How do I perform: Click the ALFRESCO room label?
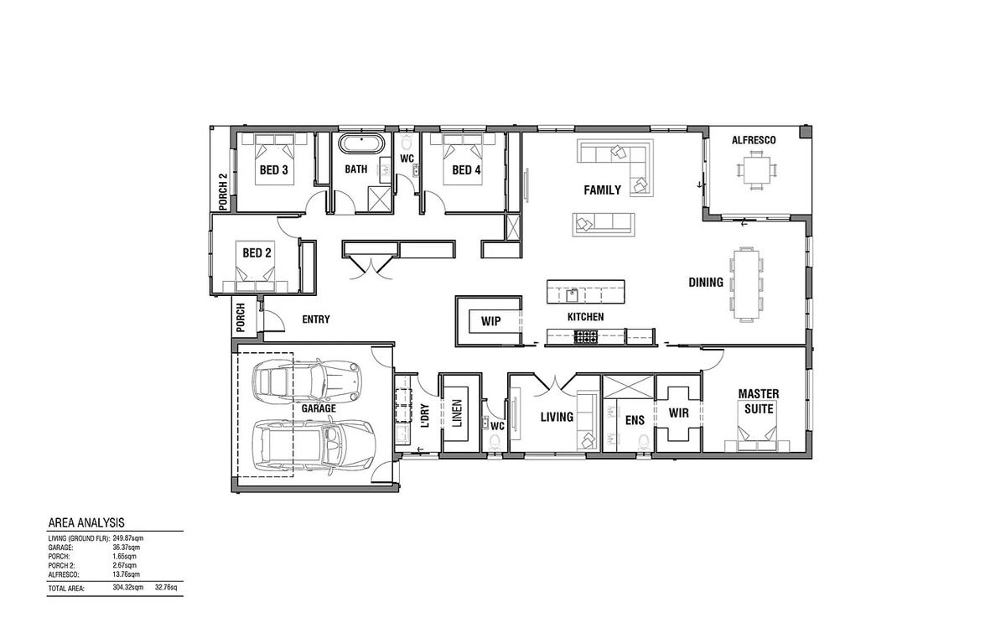754,140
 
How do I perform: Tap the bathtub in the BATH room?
361,143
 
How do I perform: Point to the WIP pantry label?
491,321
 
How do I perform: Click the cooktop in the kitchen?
586,336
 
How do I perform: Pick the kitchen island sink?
572,296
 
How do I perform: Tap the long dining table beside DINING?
746,284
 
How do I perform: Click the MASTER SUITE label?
759,402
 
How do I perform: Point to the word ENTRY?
316,319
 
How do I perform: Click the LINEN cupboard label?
457,413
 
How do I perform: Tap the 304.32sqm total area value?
128,587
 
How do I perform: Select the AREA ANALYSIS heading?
86,522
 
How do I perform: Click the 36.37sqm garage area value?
127,548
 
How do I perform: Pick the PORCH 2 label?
223,192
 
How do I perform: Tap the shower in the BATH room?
380,199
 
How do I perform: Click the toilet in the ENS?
644,442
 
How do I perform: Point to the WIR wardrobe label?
678,413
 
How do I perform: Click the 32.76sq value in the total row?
166,587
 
